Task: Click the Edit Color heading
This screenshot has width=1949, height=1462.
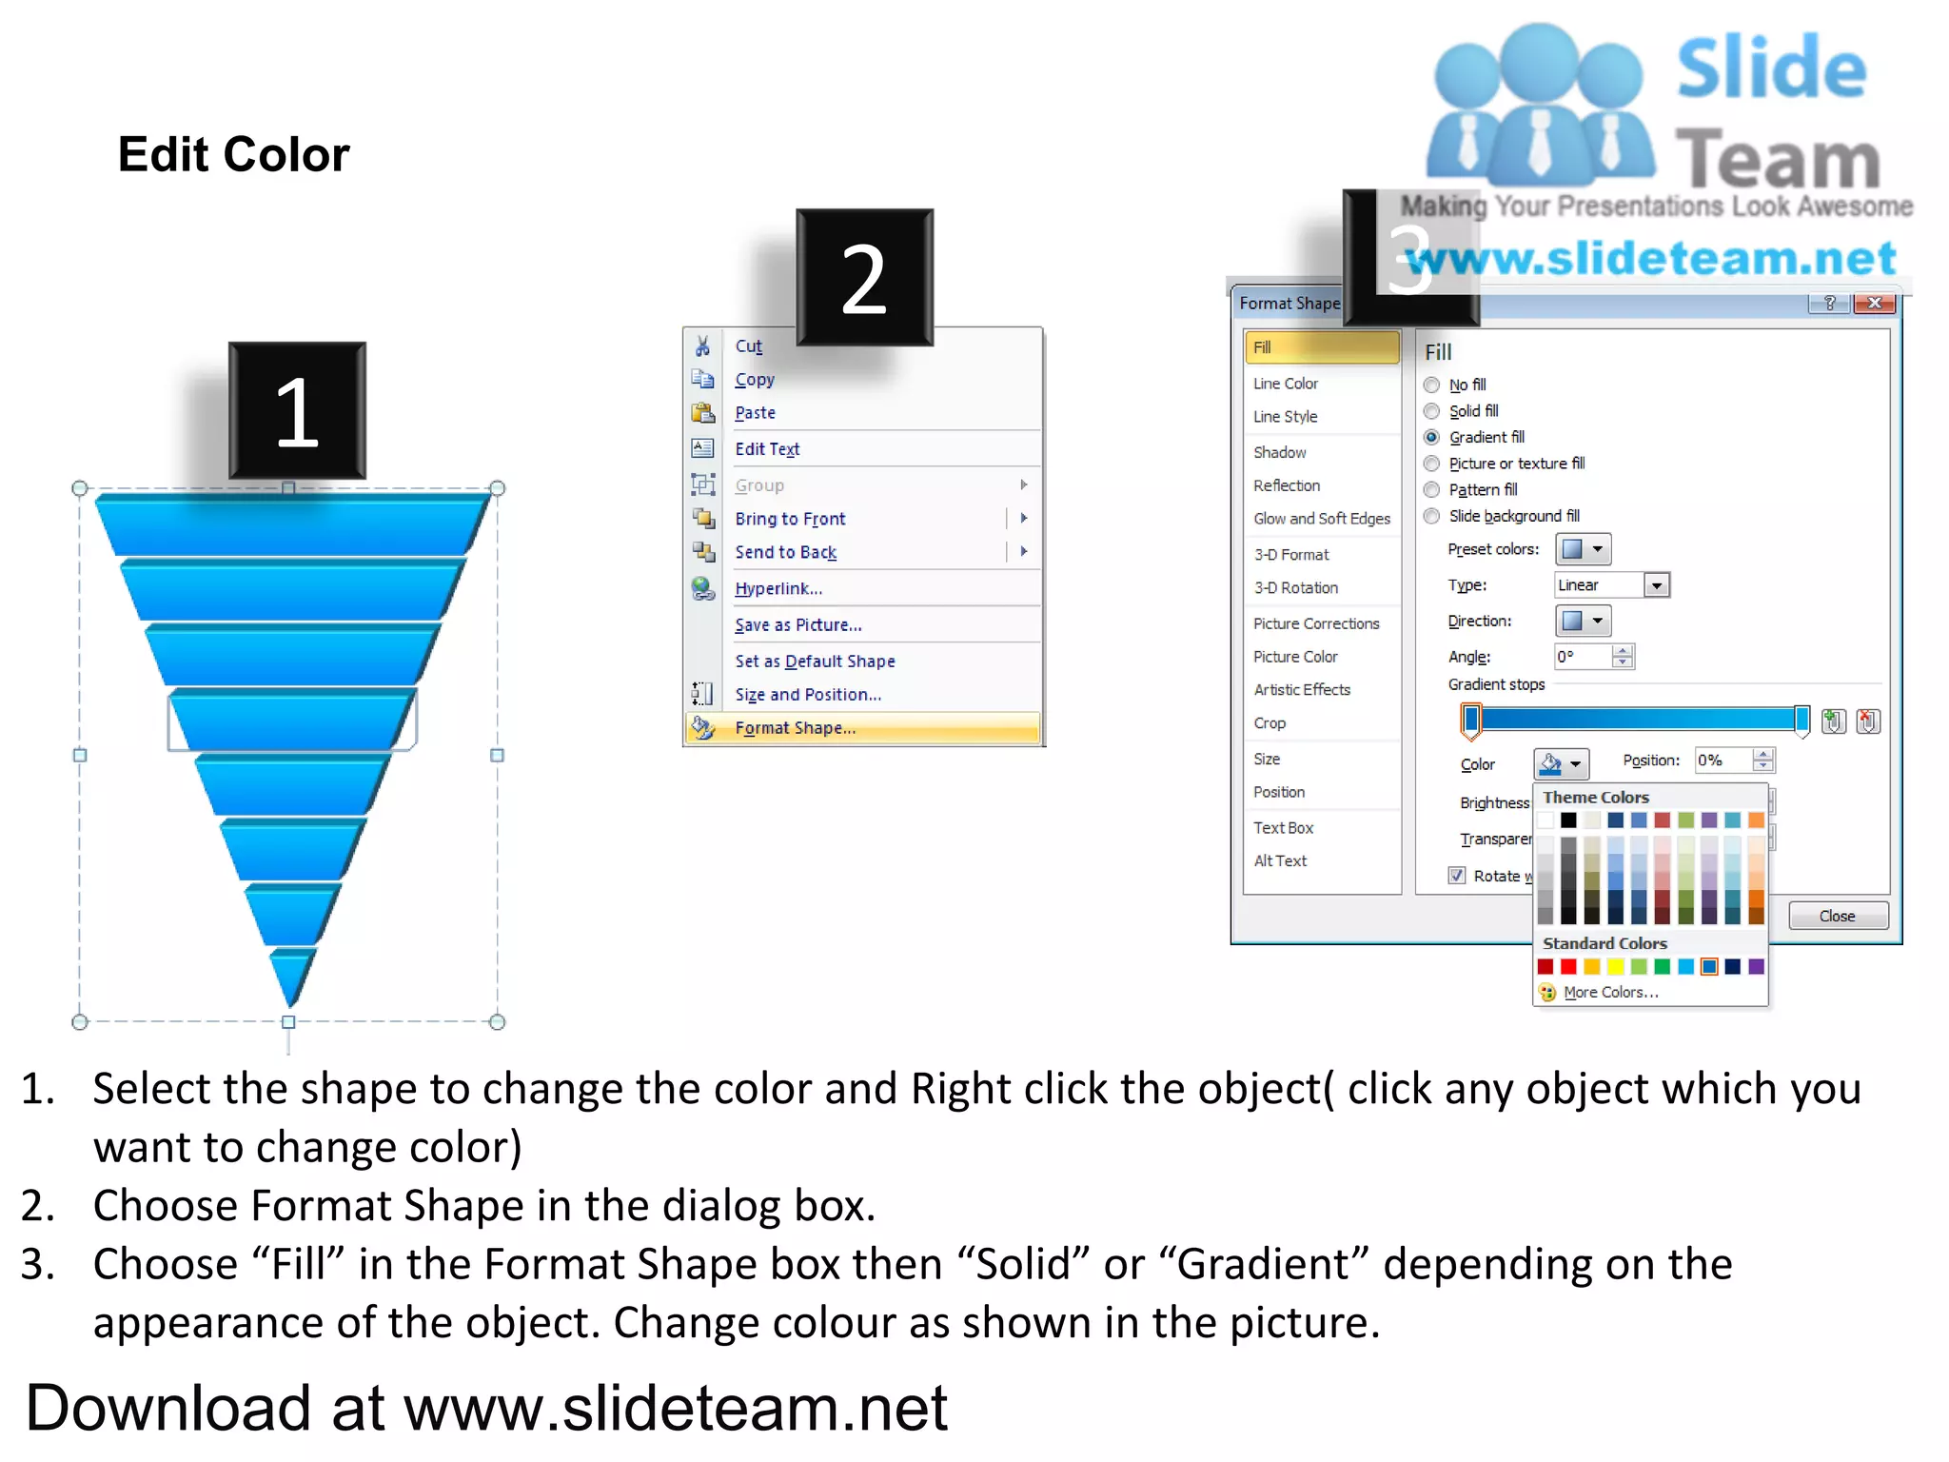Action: pos(233,154)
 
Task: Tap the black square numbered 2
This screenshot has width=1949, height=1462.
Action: pos(864,278)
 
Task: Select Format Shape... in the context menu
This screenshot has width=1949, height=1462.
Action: pos(795,728)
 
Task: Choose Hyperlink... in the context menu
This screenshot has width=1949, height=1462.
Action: pos(778,588)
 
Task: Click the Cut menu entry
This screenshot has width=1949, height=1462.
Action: pos(748,346)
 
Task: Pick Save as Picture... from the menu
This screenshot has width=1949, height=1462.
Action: pos(797,625)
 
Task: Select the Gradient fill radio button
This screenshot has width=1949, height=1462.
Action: pos(1432,438)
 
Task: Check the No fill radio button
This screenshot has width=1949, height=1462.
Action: pos(1432,385)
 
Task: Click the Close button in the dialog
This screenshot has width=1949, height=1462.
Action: pos(1837,916)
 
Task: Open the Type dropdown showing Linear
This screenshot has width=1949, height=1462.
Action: pos(1657,585)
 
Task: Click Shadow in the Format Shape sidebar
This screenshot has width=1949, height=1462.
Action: pos(1279,452)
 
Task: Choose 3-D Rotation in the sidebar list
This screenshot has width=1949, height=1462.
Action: pos(1295,588)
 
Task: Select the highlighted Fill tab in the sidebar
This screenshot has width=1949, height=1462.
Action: pos(1321,347)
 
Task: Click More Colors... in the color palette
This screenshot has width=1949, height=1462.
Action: pos(1610,992)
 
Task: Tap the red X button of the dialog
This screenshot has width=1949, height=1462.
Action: pos(1874,303)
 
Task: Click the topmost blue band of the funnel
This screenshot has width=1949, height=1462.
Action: pos(290,524)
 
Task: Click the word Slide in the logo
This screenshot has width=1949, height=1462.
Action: pos(1771,69)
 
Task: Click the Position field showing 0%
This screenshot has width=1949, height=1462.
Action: pos(1723,761)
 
